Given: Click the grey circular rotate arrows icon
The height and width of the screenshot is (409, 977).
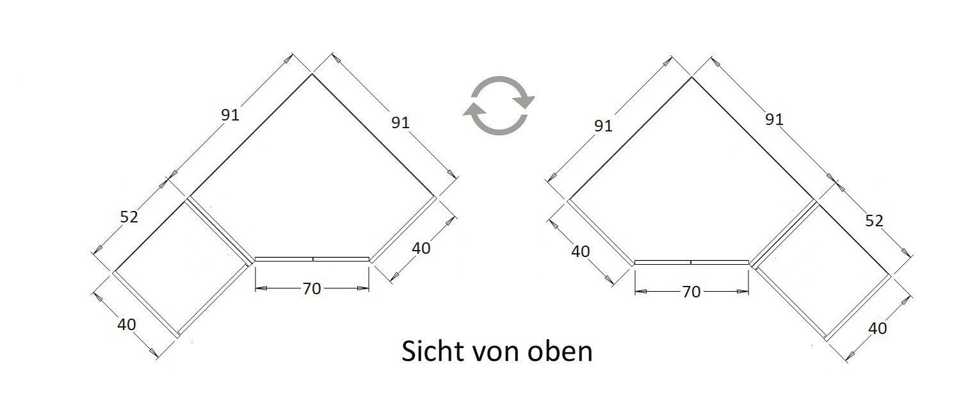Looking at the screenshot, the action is (499, 105).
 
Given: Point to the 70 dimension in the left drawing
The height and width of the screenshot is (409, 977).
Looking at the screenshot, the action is (312, 288).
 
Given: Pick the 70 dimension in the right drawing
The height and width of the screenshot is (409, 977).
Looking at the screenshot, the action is (691, 292).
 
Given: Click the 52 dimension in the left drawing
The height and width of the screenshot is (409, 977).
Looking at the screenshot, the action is (129, 217).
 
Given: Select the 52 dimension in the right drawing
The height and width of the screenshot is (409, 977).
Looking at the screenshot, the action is (874, 221).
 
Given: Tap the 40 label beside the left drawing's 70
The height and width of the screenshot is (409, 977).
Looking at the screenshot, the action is (421, 248).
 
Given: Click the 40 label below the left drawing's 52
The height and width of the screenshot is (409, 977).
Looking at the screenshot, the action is (127, 324).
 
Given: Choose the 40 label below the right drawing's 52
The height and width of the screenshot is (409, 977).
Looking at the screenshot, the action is (878, 328).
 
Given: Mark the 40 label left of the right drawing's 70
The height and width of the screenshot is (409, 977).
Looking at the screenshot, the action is (581, 252).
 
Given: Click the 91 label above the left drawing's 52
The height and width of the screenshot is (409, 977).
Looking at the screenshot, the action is (230, 115).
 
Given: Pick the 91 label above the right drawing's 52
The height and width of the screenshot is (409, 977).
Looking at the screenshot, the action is (775, 120).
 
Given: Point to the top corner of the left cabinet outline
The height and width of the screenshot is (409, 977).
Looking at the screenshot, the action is (312, 74).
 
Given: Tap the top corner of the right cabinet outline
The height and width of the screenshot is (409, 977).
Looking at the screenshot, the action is (691, 78).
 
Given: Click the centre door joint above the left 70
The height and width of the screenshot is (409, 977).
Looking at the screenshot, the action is (313, 259).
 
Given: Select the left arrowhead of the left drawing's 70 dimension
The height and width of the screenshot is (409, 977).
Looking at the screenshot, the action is (261, 288).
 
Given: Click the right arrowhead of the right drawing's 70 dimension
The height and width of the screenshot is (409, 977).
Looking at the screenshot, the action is (743, 291).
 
